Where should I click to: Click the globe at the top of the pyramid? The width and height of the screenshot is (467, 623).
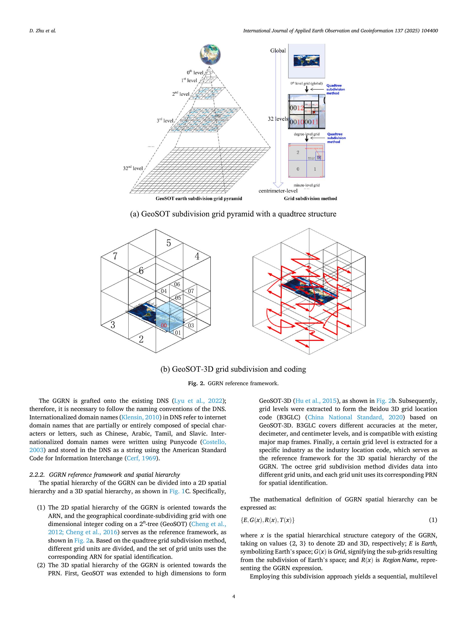(x=210, y=54)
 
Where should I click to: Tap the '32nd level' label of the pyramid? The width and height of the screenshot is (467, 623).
(x=133, y=168)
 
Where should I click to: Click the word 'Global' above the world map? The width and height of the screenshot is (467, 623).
(x=278, y=51)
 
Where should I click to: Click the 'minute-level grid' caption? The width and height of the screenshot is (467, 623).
(x=307, y=185)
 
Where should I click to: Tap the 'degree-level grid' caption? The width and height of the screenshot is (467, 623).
(x=307, y=134)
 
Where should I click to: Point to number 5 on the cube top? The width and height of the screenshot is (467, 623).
(x=169, y=243)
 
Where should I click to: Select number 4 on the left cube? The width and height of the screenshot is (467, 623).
(x=197, y=256)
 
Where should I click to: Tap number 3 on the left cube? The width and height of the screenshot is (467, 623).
(x=113, y=325)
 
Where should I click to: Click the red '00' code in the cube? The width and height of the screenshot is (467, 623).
(x=164, y=326)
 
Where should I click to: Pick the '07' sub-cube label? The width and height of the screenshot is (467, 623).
(x=191, y=291)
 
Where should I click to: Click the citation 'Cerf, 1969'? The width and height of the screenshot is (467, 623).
(x=141, y=458)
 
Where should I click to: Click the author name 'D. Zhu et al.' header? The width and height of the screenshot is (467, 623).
(x=42, y=31)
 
